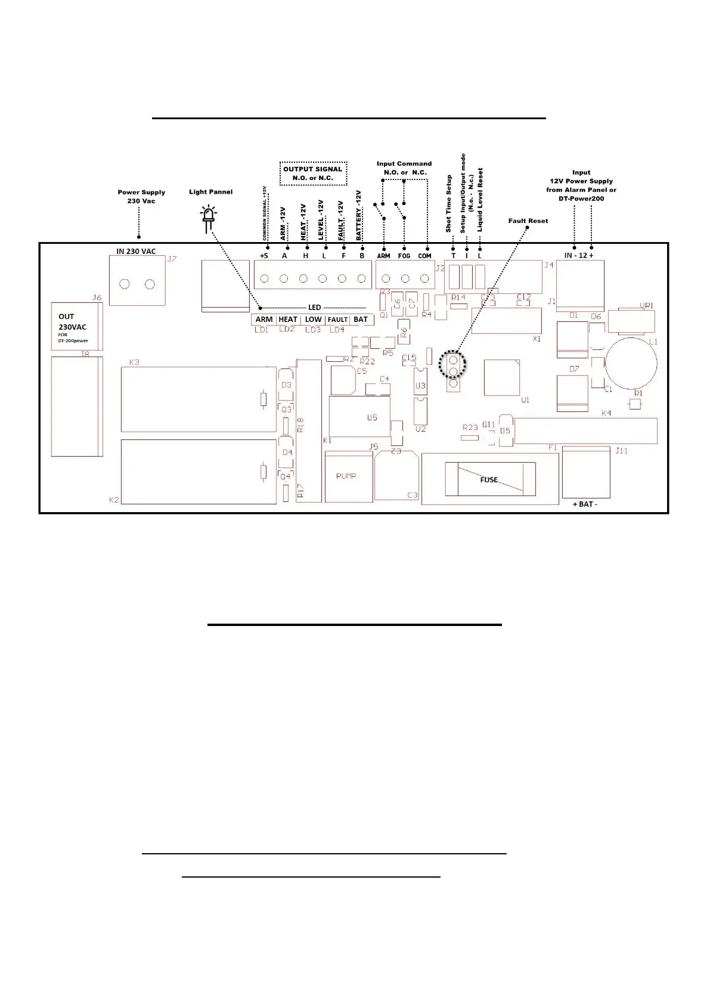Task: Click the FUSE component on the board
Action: click(489, 479)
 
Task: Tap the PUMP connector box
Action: click(346, 476)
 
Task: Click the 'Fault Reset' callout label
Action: click(528, 221)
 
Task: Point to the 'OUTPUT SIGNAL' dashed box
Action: click(313, 173)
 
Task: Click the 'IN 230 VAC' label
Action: click(136, 252)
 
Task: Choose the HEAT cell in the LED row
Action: click(288, 320)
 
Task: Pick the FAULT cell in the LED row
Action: click(337, 320)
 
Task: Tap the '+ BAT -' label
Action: click(585, 504)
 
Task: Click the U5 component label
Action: click(372, 417)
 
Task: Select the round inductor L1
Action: click(631, 364)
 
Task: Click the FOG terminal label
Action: click(404, 256)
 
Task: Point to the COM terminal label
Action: click(424, 256)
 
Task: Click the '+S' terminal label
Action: click(264, 256)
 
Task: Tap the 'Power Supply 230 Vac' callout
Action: click(141, 197)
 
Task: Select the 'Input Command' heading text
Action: click(404, 163)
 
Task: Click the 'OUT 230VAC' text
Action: click(72, 322)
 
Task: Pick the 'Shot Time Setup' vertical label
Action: click(449, 203)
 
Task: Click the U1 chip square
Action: click(502, 377)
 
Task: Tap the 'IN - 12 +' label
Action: click(579, 255)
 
